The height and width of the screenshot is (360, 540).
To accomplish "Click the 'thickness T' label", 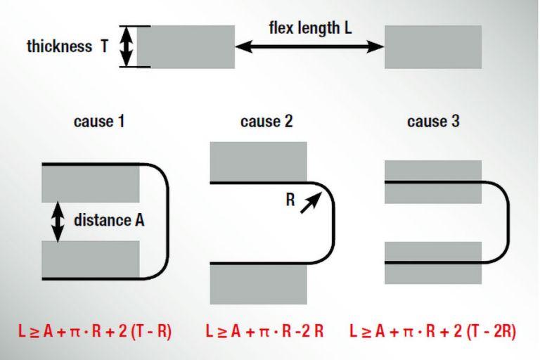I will [x=67, y=47].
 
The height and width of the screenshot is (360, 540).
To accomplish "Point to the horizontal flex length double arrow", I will [x=309, y=47].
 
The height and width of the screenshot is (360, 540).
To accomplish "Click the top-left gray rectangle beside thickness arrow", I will [x=186, y=47].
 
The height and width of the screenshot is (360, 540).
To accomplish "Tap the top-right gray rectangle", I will [x=433, y=47].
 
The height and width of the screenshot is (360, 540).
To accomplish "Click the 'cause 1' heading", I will [x=99, y=121].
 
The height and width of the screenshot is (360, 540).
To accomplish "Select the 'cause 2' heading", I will [x=266, y=121].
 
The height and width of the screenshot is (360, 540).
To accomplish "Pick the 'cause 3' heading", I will [x=434, y=121].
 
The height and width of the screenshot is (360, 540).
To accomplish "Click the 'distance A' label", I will [x=109, y=220].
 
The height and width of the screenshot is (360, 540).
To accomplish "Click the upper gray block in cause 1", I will [x=91, y=183].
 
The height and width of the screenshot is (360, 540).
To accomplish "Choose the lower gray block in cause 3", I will [x=433, y=262].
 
